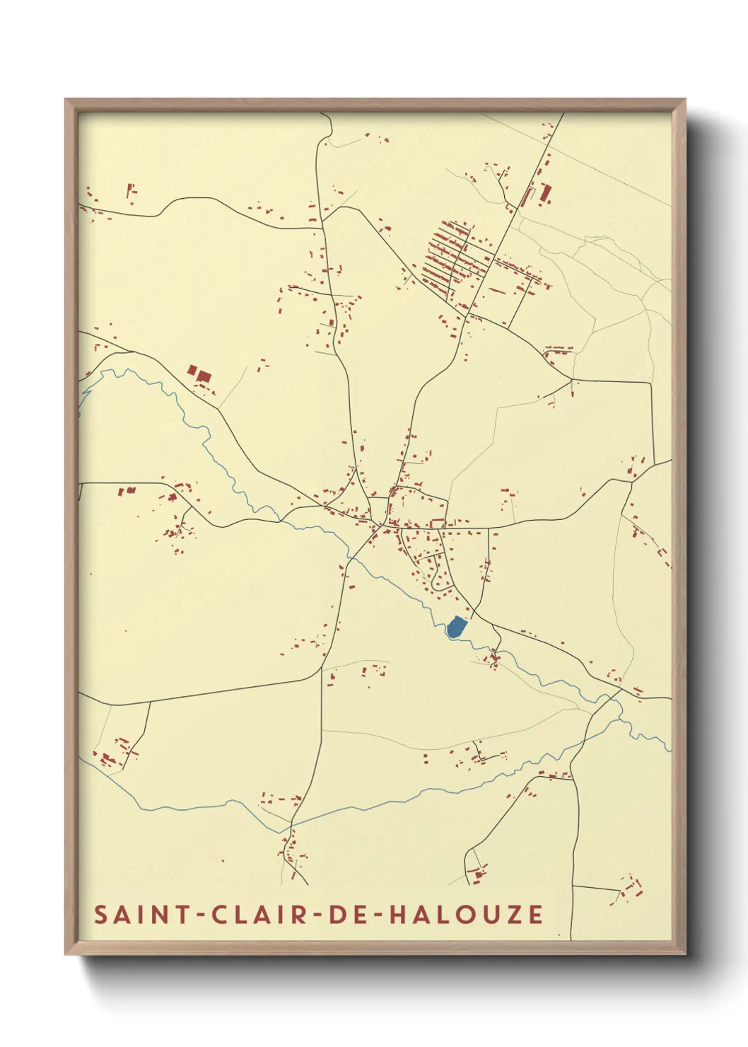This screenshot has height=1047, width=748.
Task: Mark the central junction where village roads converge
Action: coord(381,525)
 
